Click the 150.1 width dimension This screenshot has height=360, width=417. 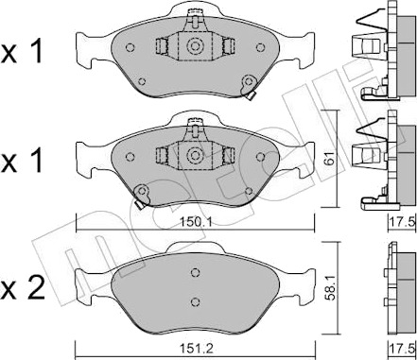195,223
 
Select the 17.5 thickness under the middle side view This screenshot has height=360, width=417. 406,222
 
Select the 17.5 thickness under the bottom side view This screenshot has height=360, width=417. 406,349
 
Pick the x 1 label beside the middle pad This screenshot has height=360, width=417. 22,160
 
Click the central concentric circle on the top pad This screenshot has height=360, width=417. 194,46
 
